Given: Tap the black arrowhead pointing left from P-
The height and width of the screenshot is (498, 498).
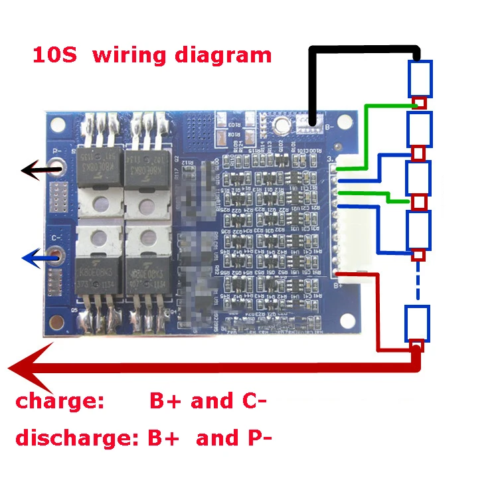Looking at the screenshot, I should [x=30, y=171].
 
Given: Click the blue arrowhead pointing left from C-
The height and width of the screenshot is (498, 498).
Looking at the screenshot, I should [x=29, y=258].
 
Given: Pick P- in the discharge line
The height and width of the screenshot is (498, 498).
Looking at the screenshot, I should [x=256, y=438].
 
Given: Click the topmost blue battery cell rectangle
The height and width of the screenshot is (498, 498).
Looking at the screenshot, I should [x=420, y=78].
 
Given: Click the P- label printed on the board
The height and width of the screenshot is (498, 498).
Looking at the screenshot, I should [x=56, y=150].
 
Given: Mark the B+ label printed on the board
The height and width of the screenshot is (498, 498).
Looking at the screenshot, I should [x=337, y=286].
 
